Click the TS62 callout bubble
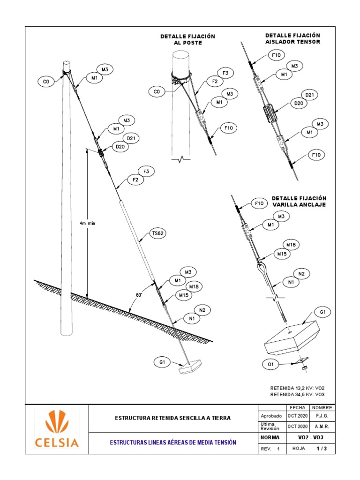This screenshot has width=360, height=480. (158, 232)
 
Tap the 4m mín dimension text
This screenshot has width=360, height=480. (87, 223)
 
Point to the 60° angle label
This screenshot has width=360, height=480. (139, 295)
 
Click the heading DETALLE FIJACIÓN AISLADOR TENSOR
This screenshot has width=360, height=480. (292, 38)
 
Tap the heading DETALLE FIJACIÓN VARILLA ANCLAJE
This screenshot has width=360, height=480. (299, 202)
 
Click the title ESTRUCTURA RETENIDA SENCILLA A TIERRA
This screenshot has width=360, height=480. (173, 418)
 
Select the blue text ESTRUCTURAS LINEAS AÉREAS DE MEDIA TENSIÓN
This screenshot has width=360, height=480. (173, 442)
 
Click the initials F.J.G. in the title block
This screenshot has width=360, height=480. (322, 416)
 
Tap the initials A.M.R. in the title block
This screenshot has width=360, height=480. (322, 427)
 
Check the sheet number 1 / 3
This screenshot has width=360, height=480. (322, 449)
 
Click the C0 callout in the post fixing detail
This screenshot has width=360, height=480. (157, 92)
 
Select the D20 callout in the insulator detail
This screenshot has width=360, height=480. (298, 103)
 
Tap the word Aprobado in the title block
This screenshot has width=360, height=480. (271, 416)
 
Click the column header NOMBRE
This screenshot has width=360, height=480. (322, 407)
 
